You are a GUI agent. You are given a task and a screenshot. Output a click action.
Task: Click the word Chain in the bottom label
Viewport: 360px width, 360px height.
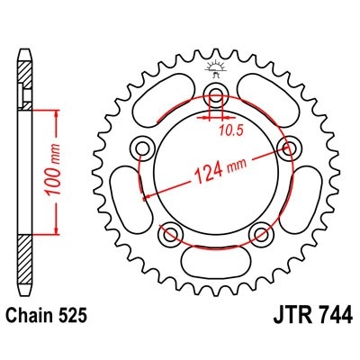point(33,318)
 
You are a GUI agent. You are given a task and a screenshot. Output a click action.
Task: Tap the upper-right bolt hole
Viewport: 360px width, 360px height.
point(290,148)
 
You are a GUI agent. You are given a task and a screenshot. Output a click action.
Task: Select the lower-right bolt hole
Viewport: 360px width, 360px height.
point(262,235)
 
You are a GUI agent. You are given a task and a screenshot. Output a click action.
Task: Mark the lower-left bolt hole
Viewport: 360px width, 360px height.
point(169,235)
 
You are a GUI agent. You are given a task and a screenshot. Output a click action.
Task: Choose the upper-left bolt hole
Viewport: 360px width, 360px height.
point(141,148)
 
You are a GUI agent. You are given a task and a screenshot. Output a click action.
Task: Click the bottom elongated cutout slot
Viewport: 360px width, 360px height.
point(215,260)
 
